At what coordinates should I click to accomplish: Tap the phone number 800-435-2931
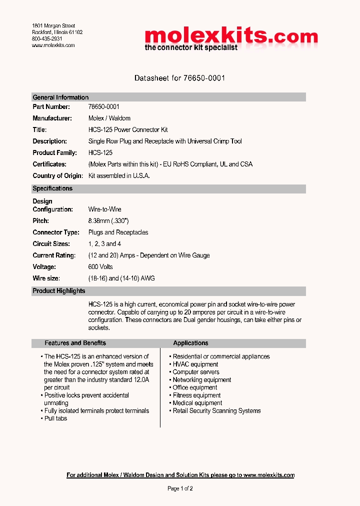tap(47, 38)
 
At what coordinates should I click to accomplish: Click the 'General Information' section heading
tap(60, 97)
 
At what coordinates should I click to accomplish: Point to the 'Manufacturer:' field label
tap(52, 118)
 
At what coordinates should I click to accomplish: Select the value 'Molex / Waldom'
tap(109, 118)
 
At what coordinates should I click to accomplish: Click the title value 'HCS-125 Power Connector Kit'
tap(128, 130)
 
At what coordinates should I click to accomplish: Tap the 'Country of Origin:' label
tap(57, 176)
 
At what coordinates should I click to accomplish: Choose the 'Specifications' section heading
tap(52, 188)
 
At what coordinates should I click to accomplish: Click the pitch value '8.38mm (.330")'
tap(108, 221)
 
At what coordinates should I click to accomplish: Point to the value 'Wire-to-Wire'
tap(105, 209)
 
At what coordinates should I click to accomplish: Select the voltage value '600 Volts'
tap(100, 267)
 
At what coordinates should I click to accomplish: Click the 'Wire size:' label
tap(46, 278)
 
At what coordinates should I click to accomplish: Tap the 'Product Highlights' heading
tap(59, 291)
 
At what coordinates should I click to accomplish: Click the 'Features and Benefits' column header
tap(75, 343)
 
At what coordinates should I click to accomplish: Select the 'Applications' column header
tap(190, 343)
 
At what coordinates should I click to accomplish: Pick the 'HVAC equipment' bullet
tap(195, 364)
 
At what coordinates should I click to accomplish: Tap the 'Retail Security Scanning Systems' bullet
tap(216, 411)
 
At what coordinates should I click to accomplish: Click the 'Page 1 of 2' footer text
tap(180, 488)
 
